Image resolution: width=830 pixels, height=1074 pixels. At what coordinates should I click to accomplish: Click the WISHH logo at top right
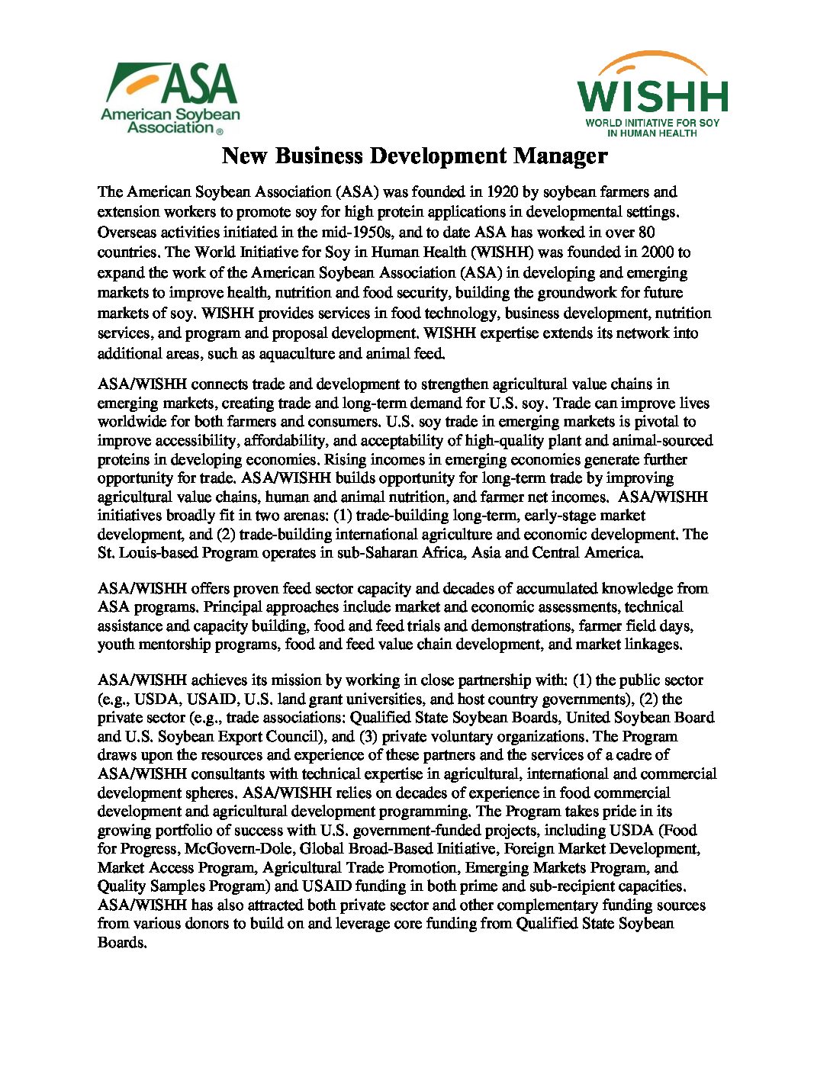click(652, 95)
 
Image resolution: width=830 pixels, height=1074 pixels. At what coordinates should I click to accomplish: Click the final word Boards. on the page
click(121, 943)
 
